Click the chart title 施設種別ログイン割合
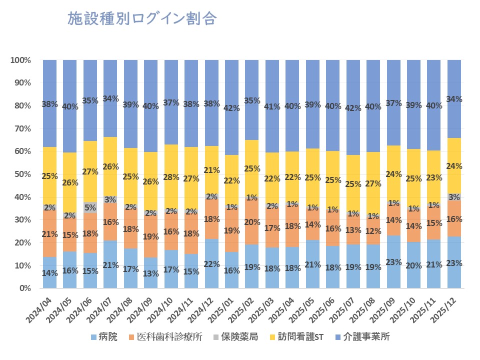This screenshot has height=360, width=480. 142,19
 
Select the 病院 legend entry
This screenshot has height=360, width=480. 103,336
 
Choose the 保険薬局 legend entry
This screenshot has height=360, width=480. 236,336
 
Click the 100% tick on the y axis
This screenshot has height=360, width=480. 20,60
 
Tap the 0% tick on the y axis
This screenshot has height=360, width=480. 24,288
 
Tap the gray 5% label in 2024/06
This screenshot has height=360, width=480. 90,207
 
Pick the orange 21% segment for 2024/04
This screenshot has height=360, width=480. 49,234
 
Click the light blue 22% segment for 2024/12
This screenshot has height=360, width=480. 212,263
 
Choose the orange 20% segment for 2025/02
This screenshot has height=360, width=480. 252,222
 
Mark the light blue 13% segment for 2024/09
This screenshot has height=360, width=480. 151,273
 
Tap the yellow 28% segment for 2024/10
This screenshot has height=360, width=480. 171,177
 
